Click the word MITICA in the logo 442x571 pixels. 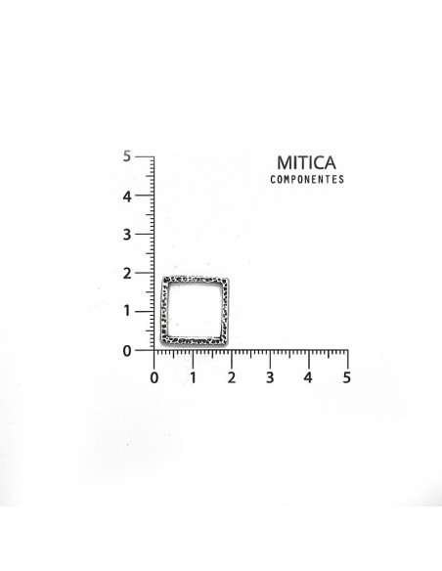tap(306, 162)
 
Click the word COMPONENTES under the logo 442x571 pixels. tap(307, 179)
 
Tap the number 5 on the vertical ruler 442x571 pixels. tap(126, 156)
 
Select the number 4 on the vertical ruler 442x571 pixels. tap(126, 197)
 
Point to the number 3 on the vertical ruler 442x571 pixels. tap(126, 235)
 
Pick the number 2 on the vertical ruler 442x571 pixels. tap(127, 273)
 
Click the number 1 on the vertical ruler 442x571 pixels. tap(127, 311)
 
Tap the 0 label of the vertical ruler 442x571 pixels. tap(127, 351)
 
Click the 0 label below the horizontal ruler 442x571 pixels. tap(154, 378)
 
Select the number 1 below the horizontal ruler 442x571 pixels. tap(193, 378)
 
